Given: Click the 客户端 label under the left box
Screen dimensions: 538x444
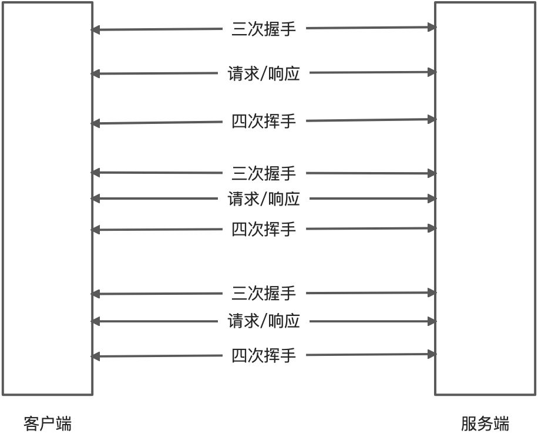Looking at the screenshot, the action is [48, 423].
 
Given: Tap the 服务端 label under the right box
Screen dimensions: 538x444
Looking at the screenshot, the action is [485, 423].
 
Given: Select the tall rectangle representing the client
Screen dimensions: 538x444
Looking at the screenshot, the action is [48, 198].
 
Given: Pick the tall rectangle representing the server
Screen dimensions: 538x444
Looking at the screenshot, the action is [485, 198].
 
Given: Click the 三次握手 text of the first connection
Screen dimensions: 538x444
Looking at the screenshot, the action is [264, 29].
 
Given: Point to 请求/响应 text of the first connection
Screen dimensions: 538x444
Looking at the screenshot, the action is [264, 73].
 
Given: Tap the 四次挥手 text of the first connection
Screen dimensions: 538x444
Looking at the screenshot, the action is [264, 122].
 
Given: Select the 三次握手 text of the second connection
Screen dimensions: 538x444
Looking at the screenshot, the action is [264, 173].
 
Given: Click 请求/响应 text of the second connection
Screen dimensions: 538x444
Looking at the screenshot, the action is [264, 199].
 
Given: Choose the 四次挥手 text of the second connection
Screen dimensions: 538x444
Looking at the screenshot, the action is [264, 229].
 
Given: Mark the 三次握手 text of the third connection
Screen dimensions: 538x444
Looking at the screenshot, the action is [264, 293].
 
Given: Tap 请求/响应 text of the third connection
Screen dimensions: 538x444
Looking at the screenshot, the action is [264, 321].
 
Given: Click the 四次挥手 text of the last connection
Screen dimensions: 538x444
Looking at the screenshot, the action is [264, 355].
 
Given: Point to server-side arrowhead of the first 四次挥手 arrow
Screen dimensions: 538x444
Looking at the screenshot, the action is [432, 120].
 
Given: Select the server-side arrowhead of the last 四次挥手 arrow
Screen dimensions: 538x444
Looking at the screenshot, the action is [432, 354].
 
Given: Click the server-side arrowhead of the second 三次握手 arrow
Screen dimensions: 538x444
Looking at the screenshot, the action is [432, 173].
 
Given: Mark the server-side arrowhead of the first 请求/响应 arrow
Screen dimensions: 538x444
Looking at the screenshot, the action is [432, 72].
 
